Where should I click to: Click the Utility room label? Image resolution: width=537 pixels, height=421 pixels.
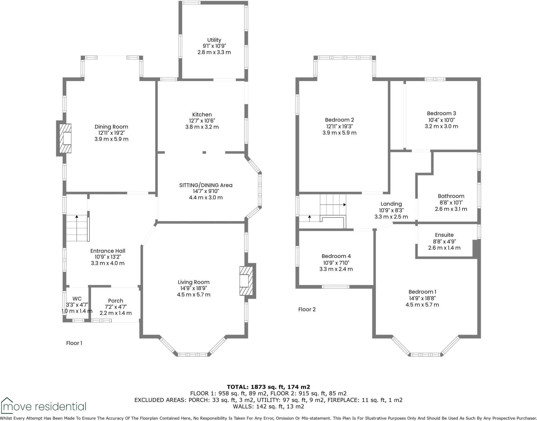click(214, 40)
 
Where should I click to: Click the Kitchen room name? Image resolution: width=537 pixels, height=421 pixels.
click(202, 115)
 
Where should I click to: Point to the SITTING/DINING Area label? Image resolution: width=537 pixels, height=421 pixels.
click(206, 185)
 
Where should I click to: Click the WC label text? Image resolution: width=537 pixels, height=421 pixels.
click(77, 299)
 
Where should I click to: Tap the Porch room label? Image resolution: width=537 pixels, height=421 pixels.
click(115, 301)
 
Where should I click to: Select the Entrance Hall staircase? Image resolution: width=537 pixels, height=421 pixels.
click(77, 228)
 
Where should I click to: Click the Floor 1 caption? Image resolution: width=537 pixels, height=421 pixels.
click(74, 343)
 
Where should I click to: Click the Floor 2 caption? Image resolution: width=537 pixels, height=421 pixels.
click(307, 309)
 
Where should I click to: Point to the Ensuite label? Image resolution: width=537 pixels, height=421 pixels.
click(444, 235)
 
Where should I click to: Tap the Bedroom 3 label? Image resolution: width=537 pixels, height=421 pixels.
click(441, 113)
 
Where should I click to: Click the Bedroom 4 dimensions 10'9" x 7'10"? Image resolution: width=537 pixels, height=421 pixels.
click(336, 263)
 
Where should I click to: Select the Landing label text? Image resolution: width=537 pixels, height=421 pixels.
click(391, 204)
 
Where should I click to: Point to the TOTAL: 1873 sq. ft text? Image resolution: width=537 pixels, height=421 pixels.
click(268, 387)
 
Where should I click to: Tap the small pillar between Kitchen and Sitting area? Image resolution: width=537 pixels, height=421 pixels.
click(204, 152)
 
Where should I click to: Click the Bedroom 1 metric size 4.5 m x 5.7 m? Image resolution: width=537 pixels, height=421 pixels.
click(422, 305)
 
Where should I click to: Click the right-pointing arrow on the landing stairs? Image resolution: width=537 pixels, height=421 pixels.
click(344, 205)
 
